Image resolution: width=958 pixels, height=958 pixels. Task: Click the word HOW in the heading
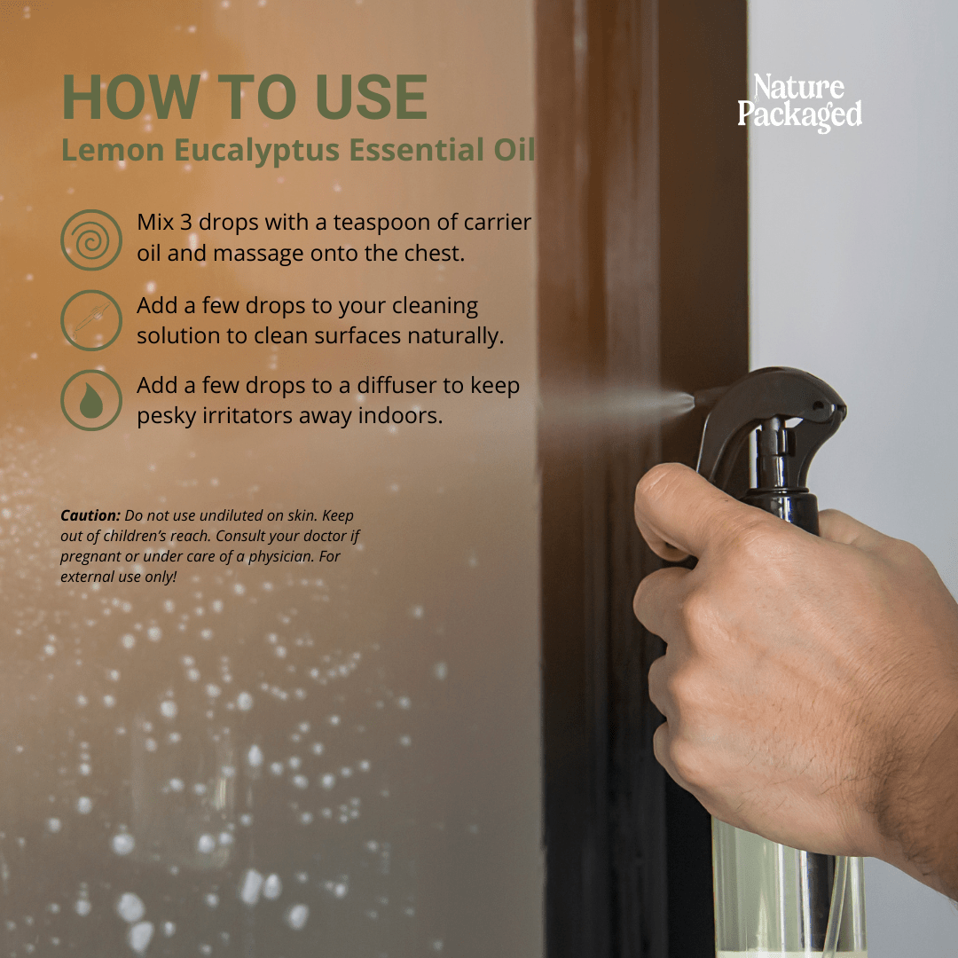point(131,97)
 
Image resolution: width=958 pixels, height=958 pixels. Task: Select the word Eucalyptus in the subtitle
point(256,151)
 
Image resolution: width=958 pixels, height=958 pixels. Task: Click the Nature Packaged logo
point(799,102)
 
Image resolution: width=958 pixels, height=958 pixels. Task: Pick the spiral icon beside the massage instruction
point(91,240)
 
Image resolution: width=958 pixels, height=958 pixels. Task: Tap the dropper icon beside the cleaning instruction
point(91,320)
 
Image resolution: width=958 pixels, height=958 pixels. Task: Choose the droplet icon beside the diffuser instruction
point(91,400)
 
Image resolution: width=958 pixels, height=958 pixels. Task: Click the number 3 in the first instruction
point(185,223)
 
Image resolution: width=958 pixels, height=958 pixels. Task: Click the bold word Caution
point(90,515)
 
